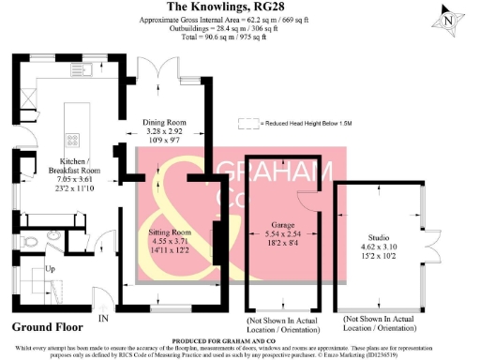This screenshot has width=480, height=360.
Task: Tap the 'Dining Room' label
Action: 165,122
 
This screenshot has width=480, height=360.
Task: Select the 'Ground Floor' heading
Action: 47,327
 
